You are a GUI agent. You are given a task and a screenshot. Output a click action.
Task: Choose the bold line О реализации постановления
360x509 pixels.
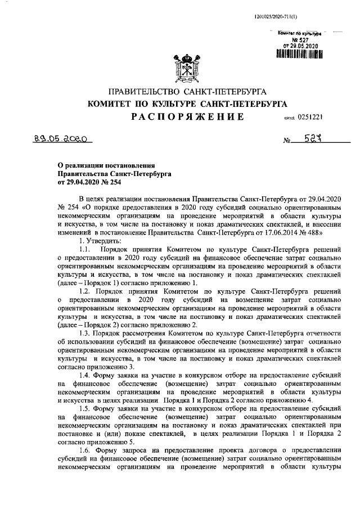[x=106, y=165]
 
